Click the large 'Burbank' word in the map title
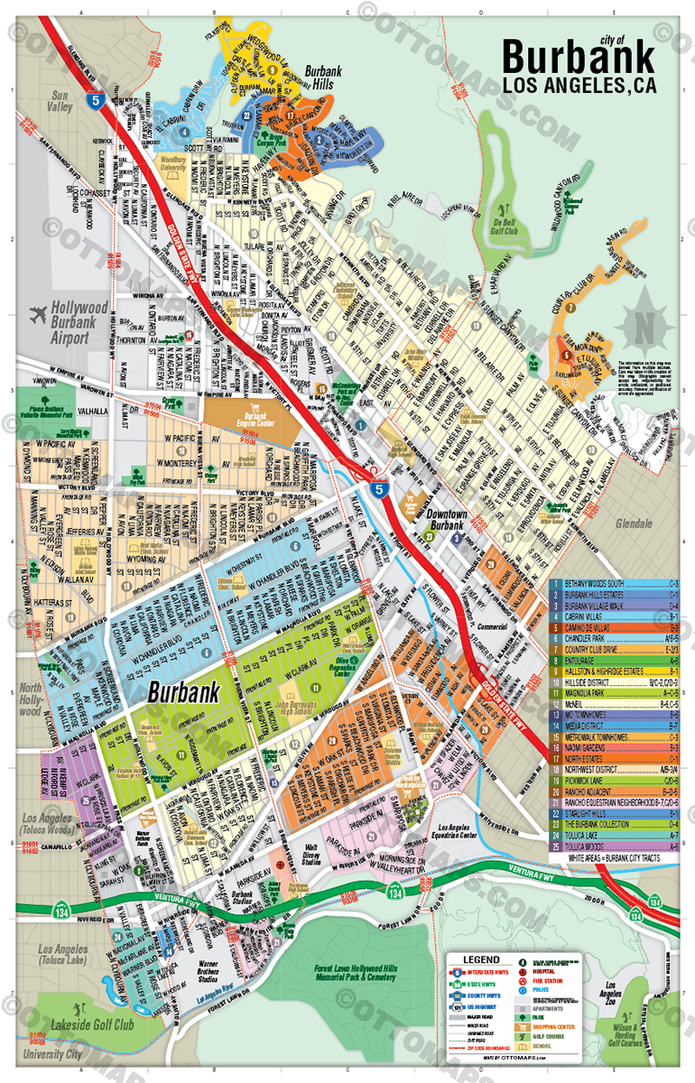(x=578, y=57)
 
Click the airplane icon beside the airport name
(x=38, y=316)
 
